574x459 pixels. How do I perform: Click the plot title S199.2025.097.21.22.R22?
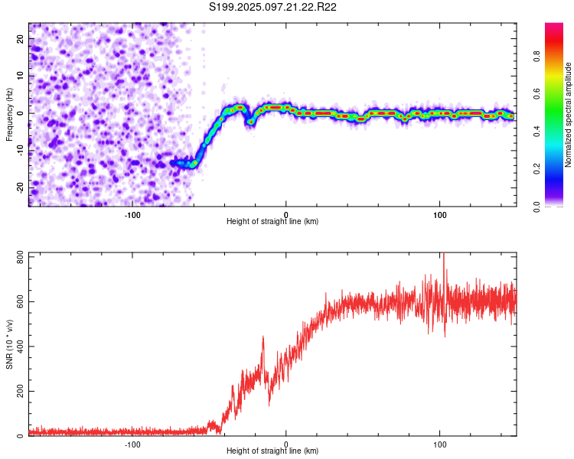point(272,7)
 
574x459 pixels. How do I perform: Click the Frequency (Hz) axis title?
point(9,115)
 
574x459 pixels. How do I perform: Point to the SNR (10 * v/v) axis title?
point(9,344)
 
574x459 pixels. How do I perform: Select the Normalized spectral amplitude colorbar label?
point(568,115)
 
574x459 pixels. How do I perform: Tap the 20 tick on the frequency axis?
point(21,39)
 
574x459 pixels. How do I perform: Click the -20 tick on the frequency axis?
point(21,188)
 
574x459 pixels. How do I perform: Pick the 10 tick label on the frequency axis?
point(21,76)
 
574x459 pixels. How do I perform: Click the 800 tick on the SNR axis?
point(21,257)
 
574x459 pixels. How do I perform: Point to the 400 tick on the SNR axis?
point(21,347)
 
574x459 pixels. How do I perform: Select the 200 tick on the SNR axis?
point(21,391)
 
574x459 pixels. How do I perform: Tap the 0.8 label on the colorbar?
point(537,57)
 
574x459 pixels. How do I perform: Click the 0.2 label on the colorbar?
point(537,168)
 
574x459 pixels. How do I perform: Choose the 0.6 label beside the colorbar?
point(537,93)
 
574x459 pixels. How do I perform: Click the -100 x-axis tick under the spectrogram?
point(132,215)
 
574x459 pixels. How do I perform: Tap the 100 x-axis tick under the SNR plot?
point(439,444)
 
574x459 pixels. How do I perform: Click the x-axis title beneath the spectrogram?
point(272,221)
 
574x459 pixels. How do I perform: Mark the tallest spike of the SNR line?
point(444,253)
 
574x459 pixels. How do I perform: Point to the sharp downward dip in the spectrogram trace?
point(250,122)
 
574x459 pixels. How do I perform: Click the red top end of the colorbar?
point(554,25)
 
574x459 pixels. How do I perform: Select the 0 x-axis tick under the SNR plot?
point(286,444)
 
